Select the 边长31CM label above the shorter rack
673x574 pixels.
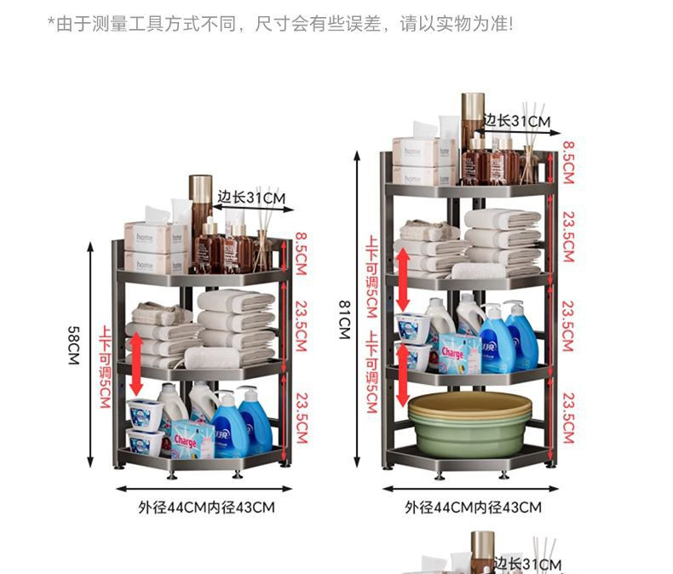250,198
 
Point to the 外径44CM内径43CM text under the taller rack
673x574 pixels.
473,508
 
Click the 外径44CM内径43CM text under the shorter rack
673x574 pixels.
207,508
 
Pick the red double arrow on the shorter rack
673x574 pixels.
135,363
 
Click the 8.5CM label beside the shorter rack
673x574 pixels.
301,248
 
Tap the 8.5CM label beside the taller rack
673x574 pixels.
567,162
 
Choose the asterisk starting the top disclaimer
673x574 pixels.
50,22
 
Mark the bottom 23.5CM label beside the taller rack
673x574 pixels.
567,417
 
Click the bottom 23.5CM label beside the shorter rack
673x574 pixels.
301,417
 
